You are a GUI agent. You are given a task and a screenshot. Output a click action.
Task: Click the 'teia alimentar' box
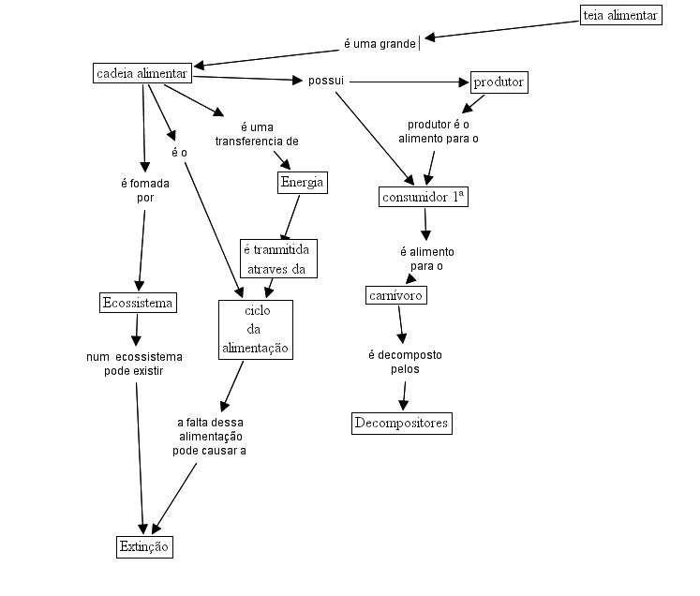[621, 16]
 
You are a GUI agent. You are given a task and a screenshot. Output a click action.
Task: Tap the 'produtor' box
[499, 82]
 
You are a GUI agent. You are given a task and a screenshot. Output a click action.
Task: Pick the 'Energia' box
[302, 182]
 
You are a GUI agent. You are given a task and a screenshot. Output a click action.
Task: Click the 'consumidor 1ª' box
[424, 197]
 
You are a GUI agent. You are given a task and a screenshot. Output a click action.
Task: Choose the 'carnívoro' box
[395, 295]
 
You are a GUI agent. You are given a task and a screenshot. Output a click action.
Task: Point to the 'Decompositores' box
[402, 424]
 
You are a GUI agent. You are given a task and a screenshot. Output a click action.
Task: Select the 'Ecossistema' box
[138, 303]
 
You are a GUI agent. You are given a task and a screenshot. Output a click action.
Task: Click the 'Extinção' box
[144, 547]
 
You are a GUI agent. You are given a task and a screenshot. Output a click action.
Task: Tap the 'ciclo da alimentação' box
[256, 329]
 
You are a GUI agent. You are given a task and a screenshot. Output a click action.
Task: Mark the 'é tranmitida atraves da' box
[278, 259]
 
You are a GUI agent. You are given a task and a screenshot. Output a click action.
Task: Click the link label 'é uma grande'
[380, 44]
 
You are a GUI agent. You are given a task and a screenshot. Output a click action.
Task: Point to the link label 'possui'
[326, 81]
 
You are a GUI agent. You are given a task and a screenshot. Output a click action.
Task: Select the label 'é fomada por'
[145, 190]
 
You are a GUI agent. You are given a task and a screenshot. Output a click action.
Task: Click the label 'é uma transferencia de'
[257, 134]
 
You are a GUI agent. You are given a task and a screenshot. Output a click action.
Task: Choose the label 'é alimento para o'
[426, 259]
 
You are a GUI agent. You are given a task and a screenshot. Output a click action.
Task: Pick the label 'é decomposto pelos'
[405, 362]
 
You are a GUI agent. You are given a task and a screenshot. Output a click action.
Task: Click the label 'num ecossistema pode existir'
[134, 364]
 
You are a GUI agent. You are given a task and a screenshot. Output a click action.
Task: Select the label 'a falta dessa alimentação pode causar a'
[210, 437]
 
